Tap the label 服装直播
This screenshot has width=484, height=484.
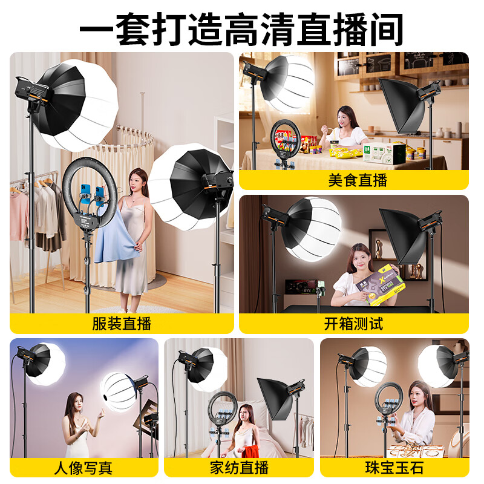coord(121,323)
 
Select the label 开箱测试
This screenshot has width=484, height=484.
coord(354,323)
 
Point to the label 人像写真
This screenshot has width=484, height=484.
coord(83,467)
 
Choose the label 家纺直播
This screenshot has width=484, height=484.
coord(239,467)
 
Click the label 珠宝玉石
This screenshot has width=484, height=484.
coord(394,467)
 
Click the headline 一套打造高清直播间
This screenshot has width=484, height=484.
coord(242,27)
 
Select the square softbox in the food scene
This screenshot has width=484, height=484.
coord(399,106)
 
